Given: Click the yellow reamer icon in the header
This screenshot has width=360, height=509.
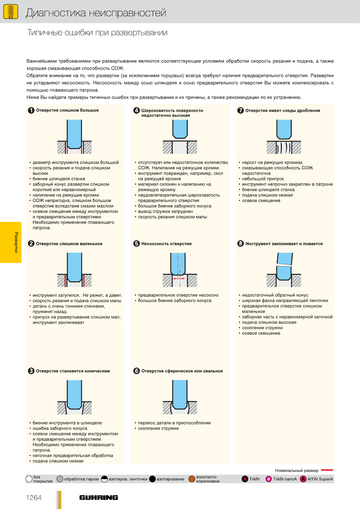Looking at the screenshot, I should (11, 12).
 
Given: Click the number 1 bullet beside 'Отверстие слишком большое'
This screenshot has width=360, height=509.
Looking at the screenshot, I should (31, 110).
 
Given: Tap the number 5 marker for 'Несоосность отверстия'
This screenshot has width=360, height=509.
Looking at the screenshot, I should (137, 244).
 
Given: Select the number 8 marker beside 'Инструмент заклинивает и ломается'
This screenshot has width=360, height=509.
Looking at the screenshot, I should (241, 244).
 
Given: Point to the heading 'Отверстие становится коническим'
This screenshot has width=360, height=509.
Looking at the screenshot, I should (73, 371).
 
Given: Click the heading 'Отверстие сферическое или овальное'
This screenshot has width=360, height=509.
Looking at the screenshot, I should (182, 371).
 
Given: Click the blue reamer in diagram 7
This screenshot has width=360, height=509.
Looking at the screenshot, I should (284, 129).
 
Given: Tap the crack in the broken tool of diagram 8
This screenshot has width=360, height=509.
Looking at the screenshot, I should (284, 265).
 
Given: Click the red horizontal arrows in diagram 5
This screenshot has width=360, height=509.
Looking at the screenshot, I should (179, 278).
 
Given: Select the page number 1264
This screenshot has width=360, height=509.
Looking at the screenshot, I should (34, 498).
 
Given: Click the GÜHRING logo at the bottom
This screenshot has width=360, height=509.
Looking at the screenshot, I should (99, 498).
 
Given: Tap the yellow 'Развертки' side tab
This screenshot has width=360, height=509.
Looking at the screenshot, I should (11, 242).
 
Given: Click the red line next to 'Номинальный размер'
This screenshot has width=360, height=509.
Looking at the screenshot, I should (327, 470).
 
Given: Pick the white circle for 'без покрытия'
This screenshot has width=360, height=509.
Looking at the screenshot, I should (29, 479).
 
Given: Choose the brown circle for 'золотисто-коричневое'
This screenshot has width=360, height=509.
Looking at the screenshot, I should (192, 479).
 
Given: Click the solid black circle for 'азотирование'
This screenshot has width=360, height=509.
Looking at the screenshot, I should (152, 479).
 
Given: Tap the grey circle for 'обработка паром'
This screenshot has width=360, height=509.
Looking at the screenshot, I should (60, 479).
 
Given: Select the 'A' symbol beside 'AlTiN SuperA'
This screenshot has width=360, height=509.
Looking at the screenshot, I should (303, 479).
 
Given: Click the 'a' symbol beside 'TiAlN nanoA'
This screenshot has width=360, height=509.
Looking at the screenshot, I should (268, 479).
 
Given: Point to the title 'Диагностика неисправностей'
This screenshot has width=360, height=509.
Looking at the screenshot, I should (96, 13).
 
